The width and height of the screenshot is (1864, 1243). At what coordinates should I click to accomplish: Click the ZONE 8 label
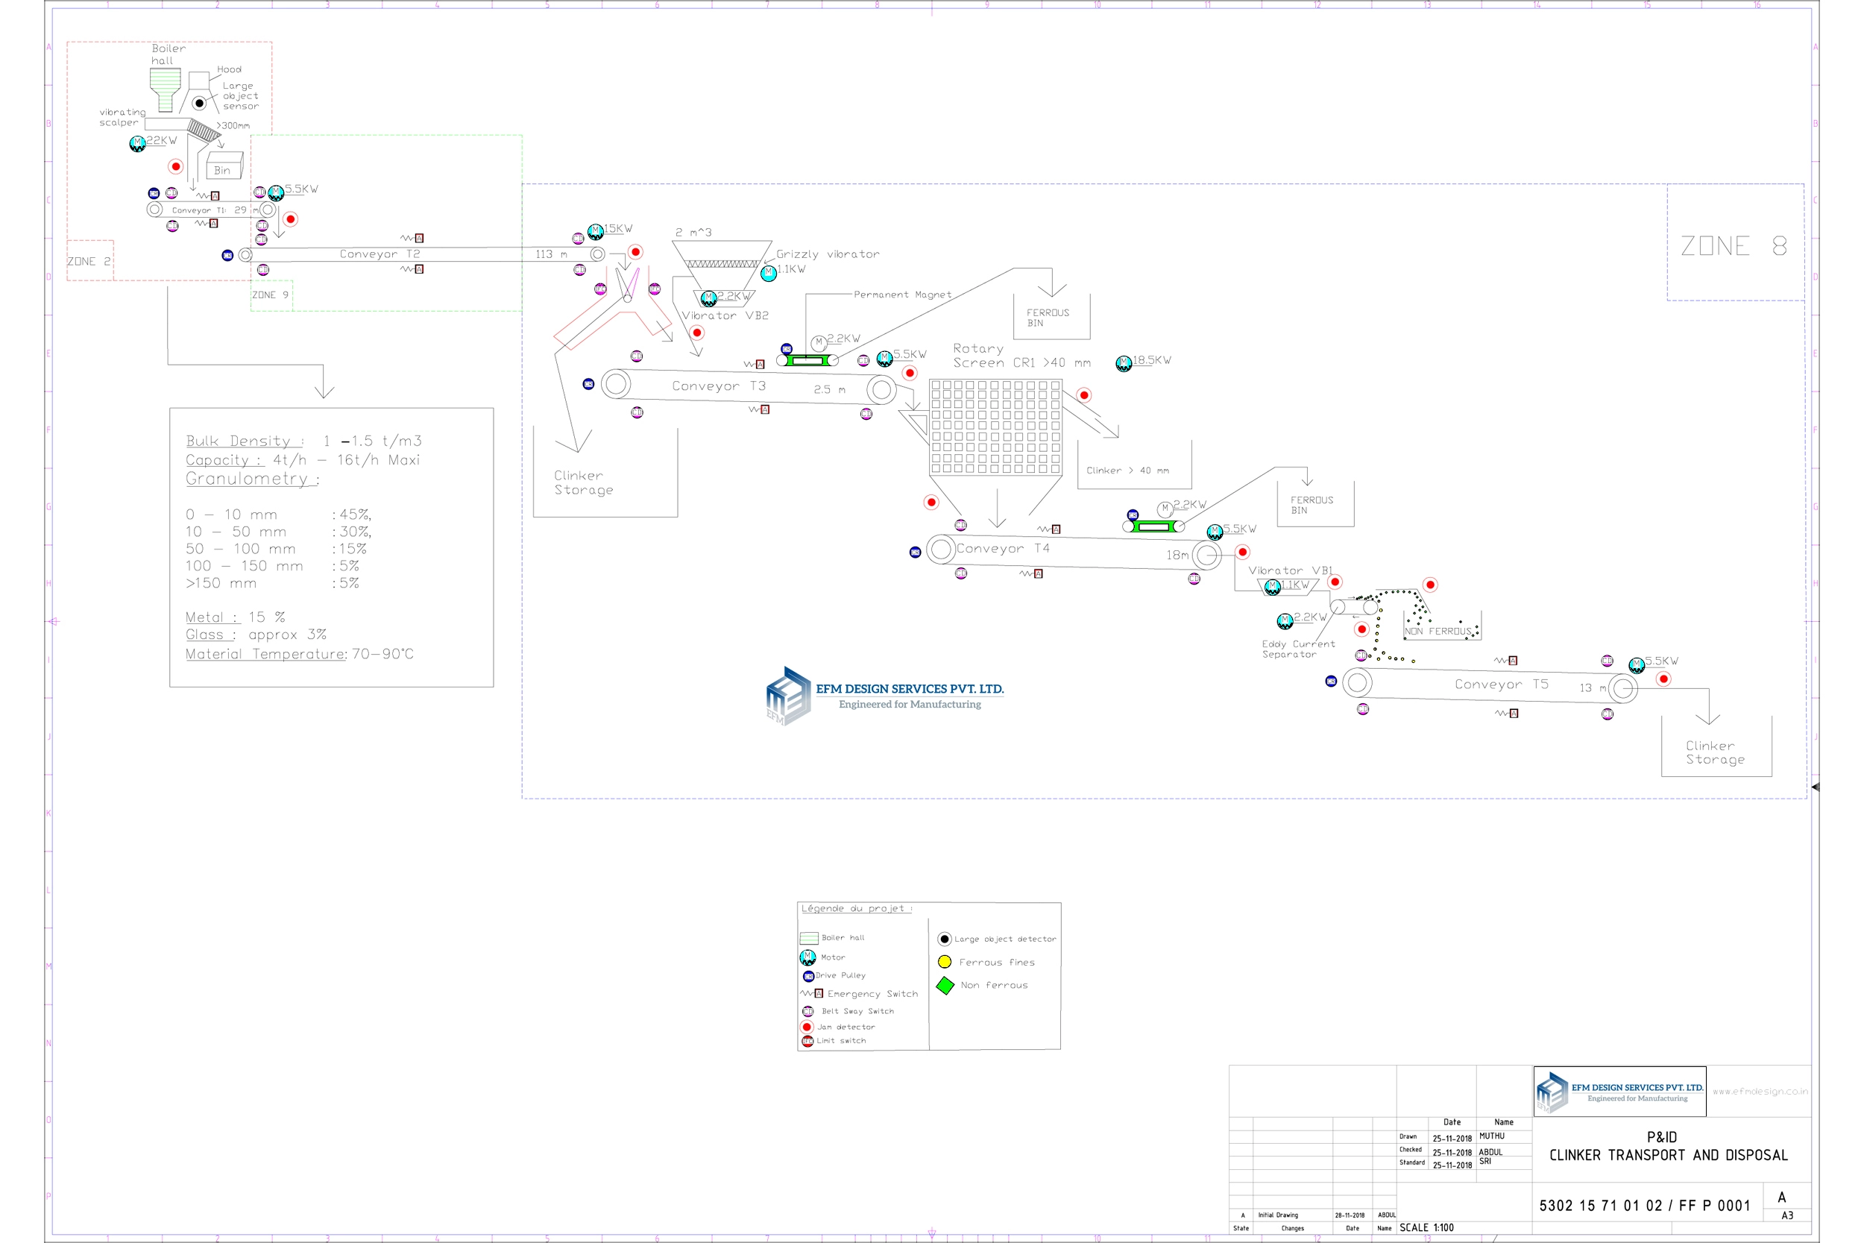[x=1733, y=246]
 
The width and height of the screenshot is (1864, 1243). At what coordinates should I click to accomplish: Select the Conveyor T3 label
[x=718, y=386]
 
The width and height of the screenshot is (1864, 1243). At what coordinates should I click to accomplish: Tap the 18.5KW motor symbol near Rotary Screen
[x=1123, y=364]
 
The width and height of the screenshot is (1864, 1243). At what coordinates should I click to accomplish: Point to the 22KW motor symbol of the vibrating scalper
[x=137, y=143]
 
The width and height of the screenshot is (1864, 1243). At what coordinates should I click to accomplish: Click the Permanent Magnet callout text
[x=902, y=294]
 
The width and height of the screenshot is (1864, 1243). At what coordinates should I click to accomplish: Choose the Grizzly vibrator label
[x=828, y=254]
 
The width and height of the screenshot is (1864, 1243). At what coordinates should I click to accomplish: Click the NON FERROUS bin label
[x=1438, y=632]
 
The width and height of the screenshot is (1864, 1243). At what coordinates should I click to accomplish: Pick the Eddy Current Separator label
[x=1297, y=649]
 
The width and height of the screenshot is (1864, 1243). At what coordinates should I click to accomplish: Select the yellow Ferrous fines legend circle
[x=944, y=962]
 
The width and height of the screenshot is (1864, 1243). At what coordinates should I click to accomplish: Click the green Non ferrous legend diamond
[x=945, y=985]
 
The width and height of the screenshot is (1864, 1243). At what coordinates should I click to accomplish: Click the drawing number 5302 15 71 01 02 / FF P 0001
[x=1644, y=1206]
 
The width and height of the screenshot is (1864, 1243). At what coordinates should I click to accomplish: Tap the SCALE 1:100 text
[x=1426, y=1228]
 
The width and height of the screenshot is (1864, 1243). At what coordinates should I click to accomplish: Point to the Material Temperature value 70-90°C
[x=382, y=654]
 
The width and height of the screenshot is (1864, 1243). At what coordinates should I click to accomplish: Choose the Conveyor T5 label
[x=1500, y=684]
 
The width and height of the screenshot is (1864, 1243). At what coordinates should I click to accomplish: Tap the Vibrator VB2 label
[x=725, y=315]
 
